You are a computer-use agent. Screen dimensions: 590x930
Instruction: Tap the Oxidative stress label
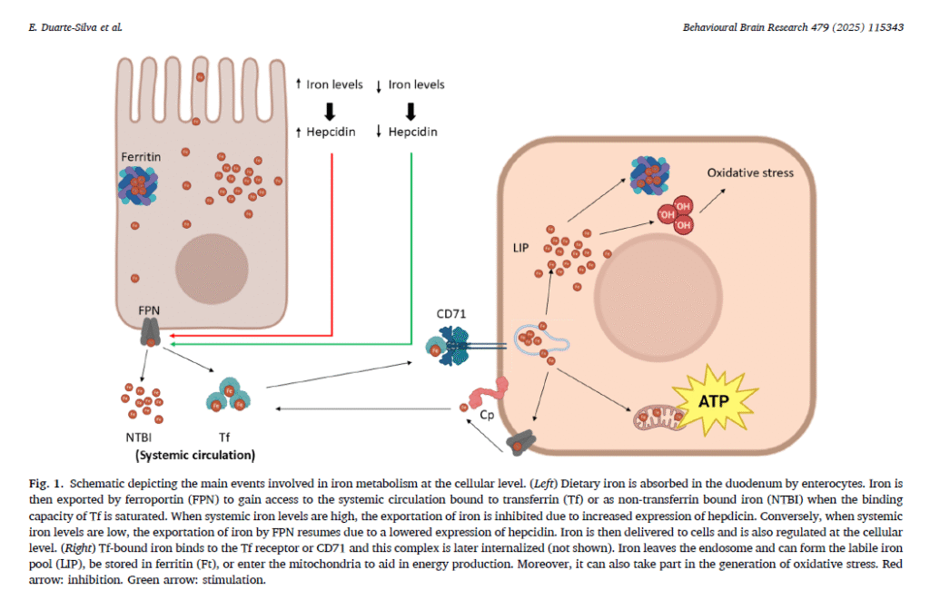coord(750,172)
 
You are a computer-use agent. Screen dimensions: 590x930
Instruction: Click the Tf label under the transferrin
coord(225,437)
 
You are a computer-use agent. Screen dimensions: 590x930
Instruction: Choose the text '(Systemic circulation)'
coord(195,454)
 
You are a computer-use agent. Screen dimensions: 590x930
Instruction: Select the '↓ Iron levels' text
coord(411,84)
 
